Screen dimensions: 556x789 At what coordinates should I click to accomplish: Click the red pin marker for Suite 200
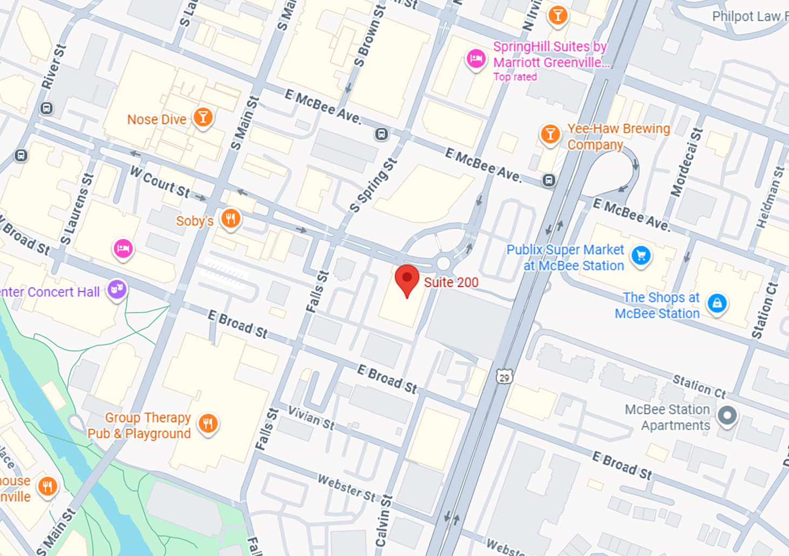tap(407, 280)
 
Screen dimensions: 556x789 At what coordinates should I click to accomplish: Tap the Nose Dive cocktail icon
tap(203, 117)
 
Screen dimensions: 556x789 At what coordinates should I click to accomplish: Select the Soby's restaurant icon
tap(231, 219)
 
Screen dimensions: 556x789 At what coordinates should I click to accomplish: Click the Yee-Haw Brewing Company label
tap(618, 137)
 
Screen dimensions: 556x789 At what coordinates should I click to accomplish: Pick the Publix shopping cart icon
tap(641, 256)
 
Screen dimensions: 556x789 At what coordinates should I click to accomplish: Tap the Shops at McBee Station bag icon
tap(717, 303)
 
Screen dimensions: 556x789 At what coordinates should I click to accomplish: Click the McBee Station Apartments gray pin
tap(727, 416)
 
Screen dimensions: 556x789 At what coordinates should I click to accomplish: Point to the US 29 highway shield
tap(504, 377)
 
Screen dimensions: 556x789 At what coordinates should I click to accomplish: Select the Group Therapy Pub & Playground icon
tap(208, 423)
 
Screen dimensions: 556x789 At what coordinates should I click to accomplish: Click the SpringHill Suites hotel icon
tap(476, 59)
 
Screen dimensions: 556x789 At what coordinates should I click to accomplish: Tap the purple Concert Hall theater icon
tap(117, 290)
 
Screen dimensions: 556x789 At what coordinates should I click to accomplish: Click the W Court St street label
tap(160, 182)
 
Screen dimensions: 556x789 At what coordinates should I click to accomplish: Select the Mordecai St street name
tap(686, 162)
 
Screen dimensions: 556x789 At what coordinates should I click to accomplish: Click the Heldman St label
tap(770, 196)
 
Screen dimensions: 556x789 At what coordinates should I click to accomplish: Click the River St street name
tap(53, 67)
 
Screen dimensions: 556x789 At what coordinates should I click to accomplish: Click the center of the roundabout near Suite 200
tap(443, 263)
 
